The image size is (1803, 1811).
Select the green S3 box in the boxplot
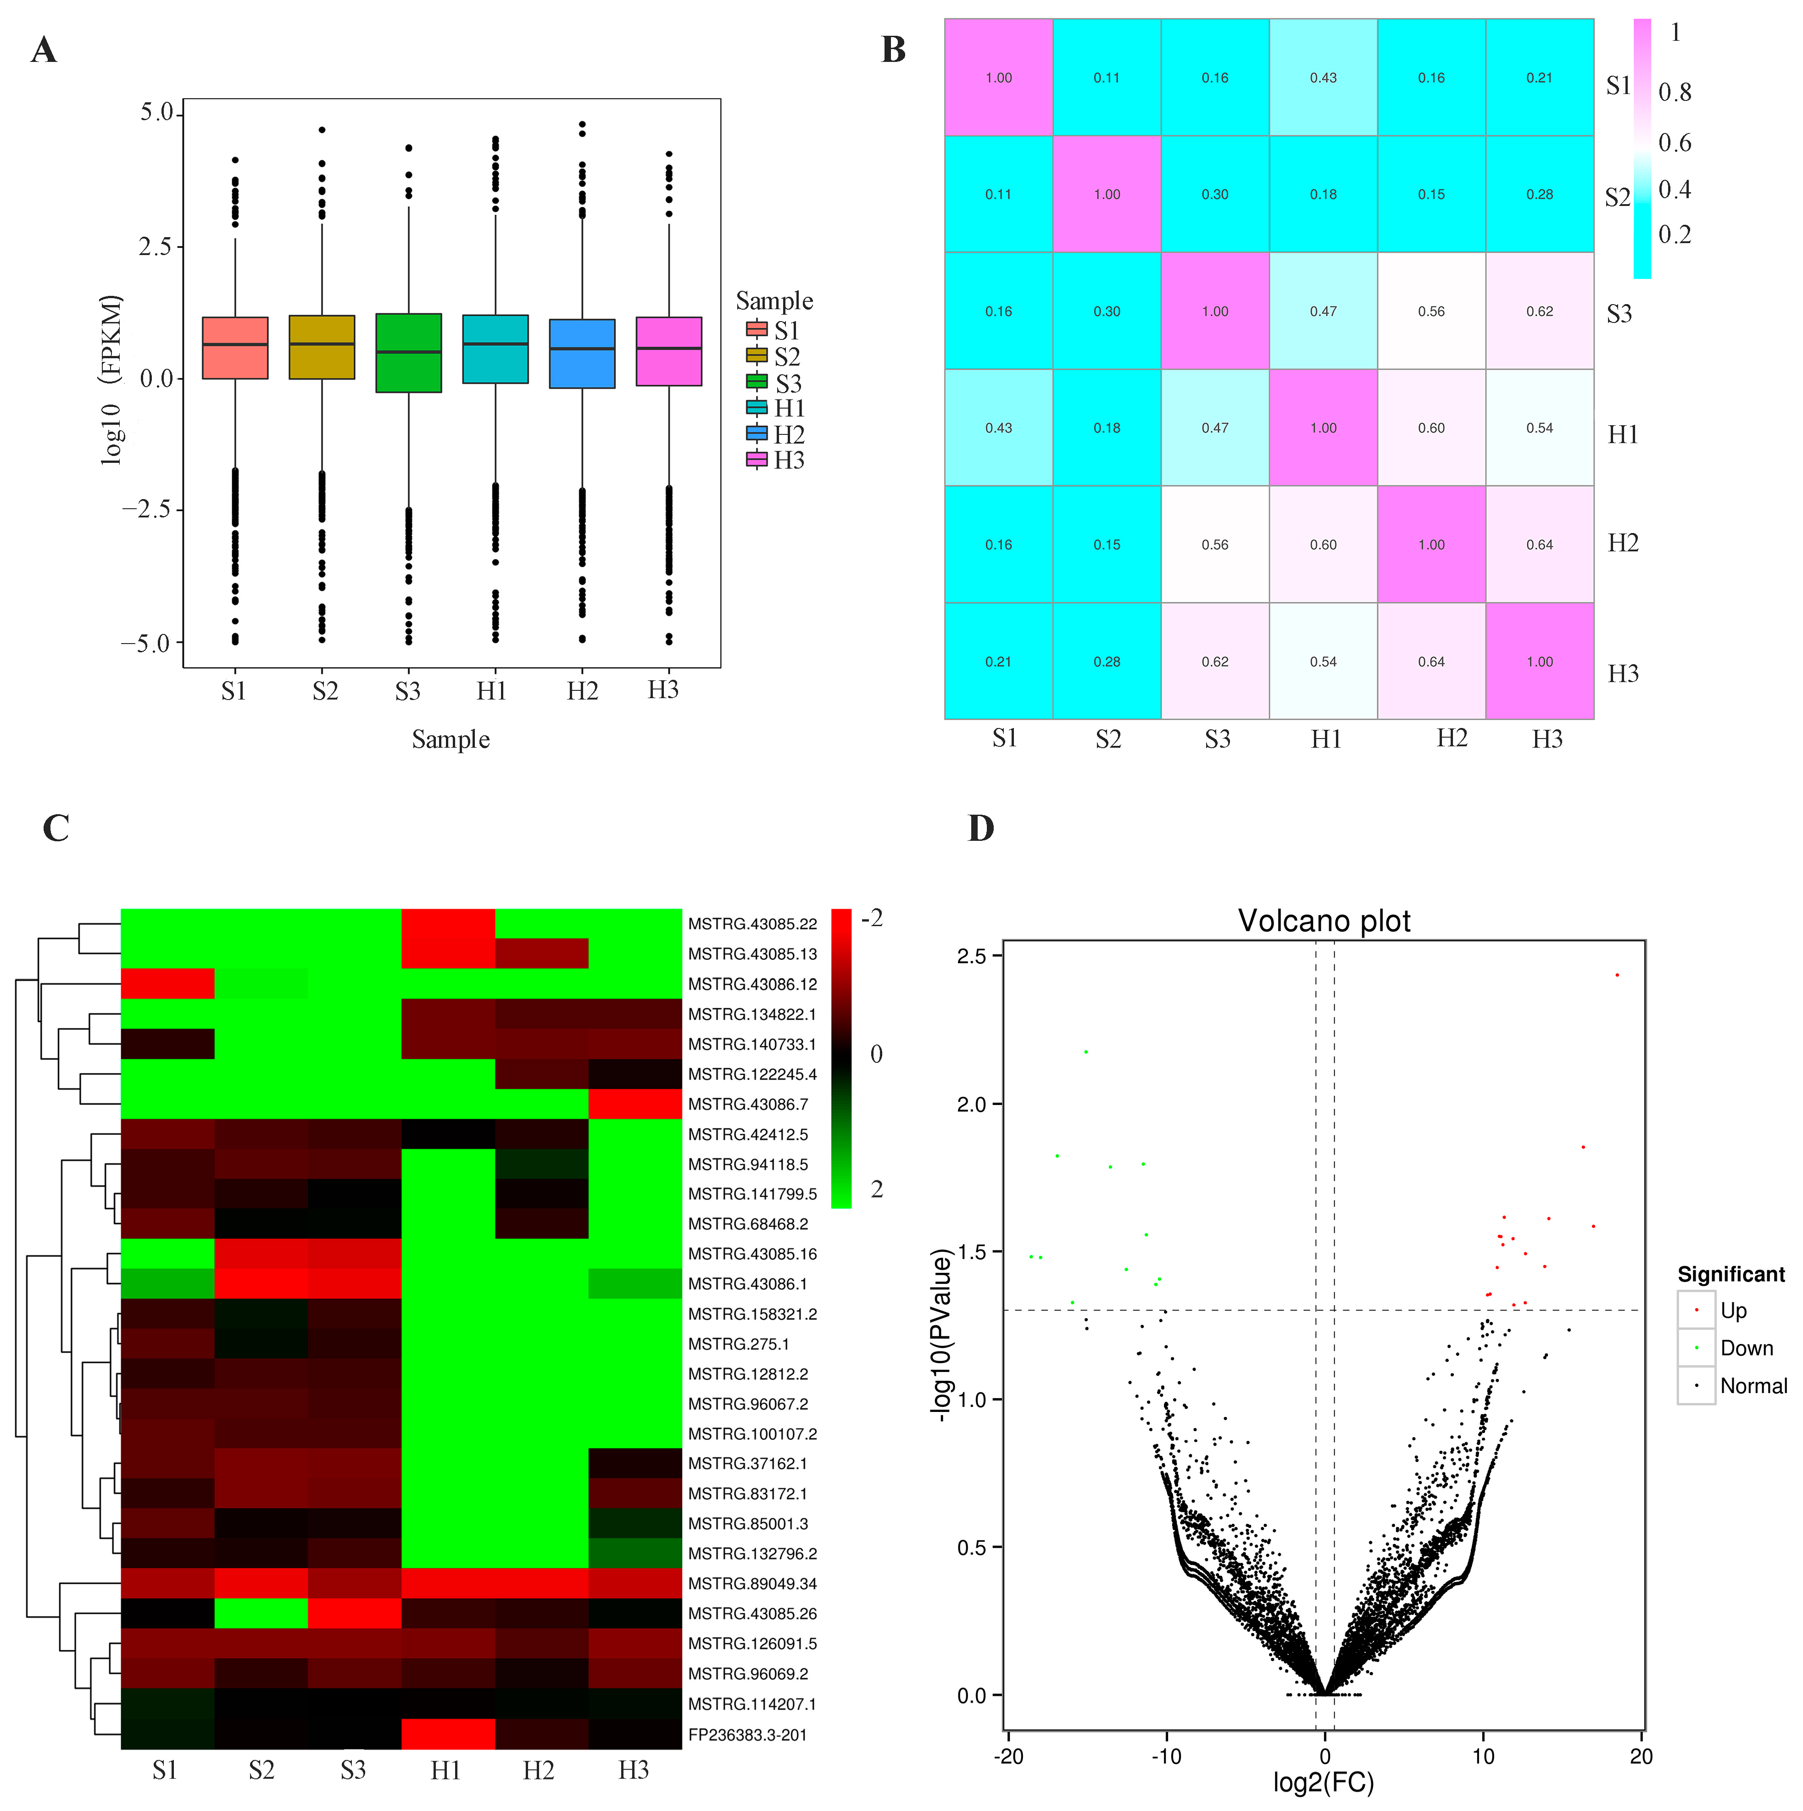click(409, 352)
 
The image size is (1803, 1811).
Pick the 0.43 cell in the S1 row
click(1323, 78)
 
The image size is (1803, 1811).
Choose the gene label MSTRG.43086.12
click(752, 984)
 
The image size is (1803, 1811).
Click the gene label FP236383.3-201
click(747, 1735)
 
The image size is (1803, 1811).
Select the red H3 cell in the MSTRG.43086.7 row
click(635, 1104)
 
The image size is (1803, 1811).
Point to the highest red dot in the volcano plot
click(1616, 975)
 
